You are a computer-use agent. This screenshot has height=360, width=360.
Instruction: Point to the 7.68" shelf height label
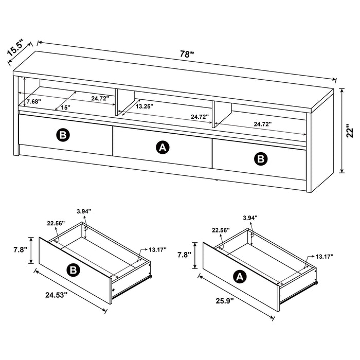pos(33,102)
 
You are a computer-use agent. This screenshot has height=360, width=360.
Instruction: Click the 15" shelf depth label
pos(65,107)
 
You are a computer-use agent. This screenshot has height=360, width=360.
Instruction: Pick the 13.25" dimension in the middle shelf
pos(145,106)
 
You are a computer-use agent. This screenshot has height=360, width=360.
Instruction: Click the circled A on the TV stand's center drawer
pos(163,148)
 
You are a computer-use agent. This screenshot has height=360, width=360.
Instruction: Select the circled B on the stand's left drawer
pos(62,135)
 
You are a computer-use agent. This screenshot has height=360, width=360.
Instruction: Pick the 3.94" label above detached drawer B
pos(84,211)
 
